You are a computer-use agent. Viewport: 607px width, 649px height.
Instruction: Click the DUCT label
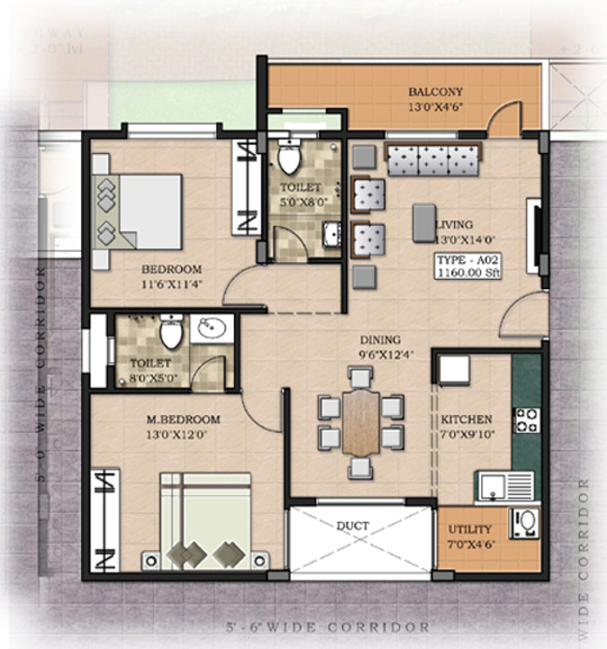352,526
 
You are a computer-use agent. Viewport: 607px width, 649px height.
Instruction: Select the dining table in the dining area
360,421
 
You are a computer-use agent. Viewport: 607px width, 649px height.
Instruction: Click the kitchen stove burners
526,421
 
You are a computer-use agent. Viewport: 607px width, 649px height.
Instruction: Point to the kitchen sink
504,486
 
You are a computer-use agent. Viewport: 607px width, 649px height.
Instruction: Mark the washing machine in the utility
524,523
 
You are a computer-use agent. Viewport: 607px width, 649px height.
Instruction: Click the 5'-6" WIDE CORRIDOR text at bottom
355,628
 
